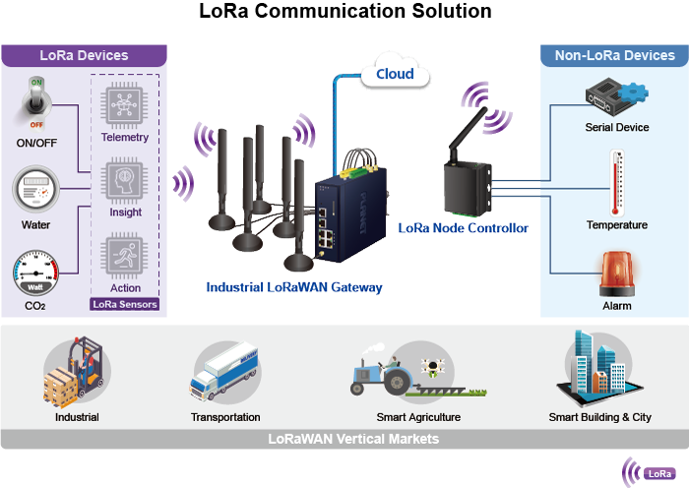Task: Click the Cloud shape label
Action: pyautogui.click(x=395, y=74)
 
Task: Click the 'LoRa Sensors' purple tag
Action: pyautogui.click(x=124, y=304)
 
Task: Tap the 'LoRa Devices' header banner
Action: pyautogui.click(x=84, y=55)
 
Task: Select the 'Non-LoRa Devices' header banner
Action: pyautogui.click(x=614, y=55)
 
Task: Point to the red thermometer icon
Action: pyautogui.click(x=617, y=181)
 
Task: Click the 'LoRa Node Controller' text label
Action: pyautogui.click(x=463, y=228)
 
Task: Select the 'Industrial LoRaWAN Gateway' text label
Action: pyautogui.click(x=293, y=287)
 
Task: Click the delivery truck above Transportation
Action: pyautogui.click(x=226, y=375)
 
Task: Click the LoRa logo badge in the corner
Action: pyautogui.click(x=648, y=472)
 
